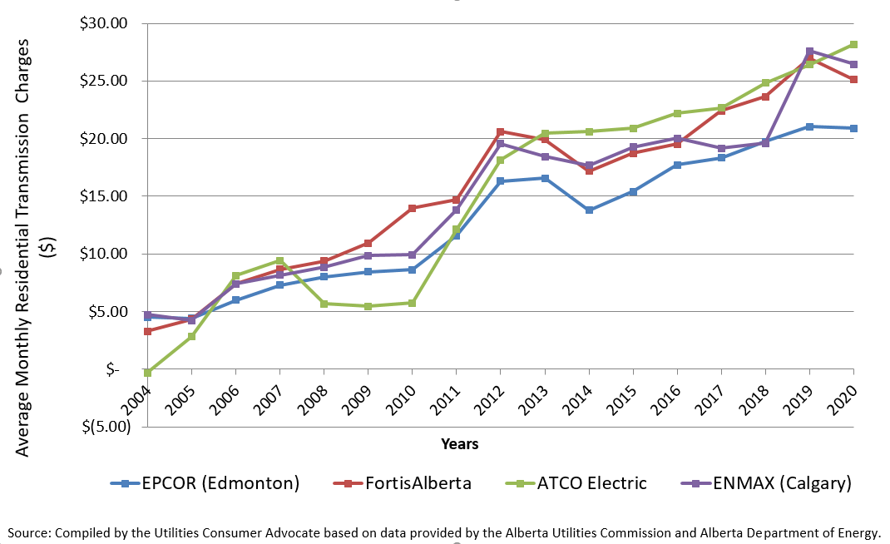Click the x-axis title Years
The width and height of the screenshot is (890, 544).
click(460, 444)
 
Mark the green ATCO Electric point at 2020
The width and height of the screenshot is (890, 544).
click(853, 44)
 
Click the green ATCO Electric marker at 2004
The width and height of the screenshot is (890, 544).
click(147, 373)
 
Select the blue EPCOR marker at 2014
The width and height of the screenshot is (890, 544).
click(589, 210)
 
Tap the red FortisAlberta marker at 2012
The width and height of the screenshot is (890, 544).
click(501, 131)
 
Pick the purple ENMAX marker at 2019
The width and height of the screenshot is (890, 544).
click(809, 52)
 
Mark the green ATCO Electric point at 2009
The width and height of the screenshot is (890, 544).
click(368, 306)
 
